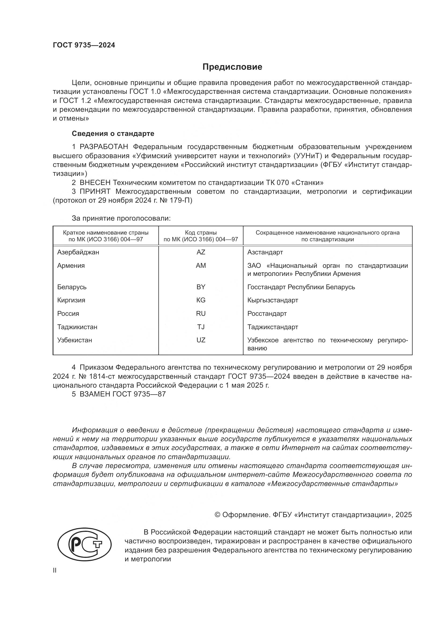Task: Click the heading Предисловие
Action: tap(232, 67)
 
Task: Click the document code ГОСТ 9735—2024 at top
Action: tap(84, 45)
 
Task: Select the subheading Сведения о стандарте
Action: tap(113, 133)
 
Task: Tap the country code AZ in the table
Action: tap(201, 252)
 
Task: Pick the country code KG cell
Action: tap(201, 300)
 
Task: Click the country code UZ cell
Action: tap(201, 340)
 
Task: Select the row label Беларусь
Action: tap(72, 287)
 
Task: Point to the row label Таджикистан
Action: tap(77, 327)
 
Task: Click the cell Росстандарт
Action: tap(267, 314)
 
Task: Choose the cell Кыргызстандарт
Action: tap(272, 300)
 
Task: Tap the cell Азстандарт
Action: tap(265, 252)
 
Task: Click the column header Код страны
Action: tap(201, 233)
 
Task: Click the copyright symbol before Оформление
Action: tap(217, 515)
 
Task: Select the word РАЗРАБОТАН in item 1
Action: tap(104, 147)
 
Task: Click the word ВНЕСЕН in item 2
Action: tap(95, 183)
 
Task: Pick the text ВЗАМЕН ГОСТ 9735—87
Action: tap(122, 394)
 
